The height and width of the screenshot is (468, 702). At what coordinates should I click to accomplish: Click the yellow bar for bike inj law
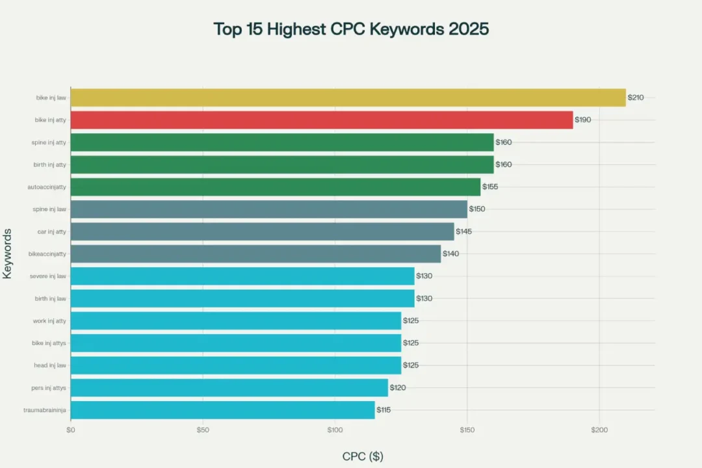coord(348,97)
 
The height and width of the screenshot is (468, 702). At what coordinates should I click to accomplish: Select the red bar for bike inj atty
coord(322,120)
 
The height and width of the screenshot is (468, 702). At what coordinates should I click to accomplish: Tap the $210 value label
coord(635,97)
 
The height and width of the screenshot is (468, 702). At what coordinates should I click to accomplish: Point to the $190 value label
coord(582,120)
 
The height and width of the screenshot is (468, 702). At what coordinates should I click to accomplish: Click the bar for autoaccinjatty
coord(275,187)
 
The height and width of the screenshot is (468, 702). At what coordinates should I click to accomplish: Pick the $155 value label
coord(490,187)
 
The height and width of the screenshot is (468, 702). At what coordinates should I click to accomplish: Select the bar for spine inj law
coord(268,209)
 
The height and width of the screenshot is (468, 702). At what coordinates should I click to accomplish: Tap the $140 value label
coord(450,253)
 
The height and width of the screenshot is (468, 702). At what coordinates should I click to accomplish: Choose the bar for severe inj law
coord(242,276)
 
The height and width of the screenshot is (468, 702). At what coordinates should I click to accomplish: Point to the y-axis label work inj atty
coord(49,320)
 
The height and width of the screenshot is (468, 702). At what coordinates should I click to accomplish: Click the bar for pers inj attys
coord(229,387)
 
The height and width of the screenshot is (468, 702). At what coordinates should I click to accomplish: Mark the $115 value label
coord(383,409)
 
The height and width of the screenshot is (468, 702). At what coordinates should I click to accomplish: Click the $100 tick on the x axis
coord(334,430)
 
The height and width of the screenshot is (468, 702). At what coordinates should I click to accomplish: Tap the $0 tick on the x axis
coord(71,430)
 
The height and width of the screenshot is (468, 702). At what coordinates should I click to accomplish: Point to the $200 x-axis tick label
coord(599,430)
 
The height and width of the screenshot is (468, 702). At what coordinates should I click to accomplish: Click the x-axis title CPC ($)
coord(363,456)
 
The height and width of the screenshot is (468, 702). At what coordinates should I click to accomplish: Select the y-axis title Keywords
coord(7,253)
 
